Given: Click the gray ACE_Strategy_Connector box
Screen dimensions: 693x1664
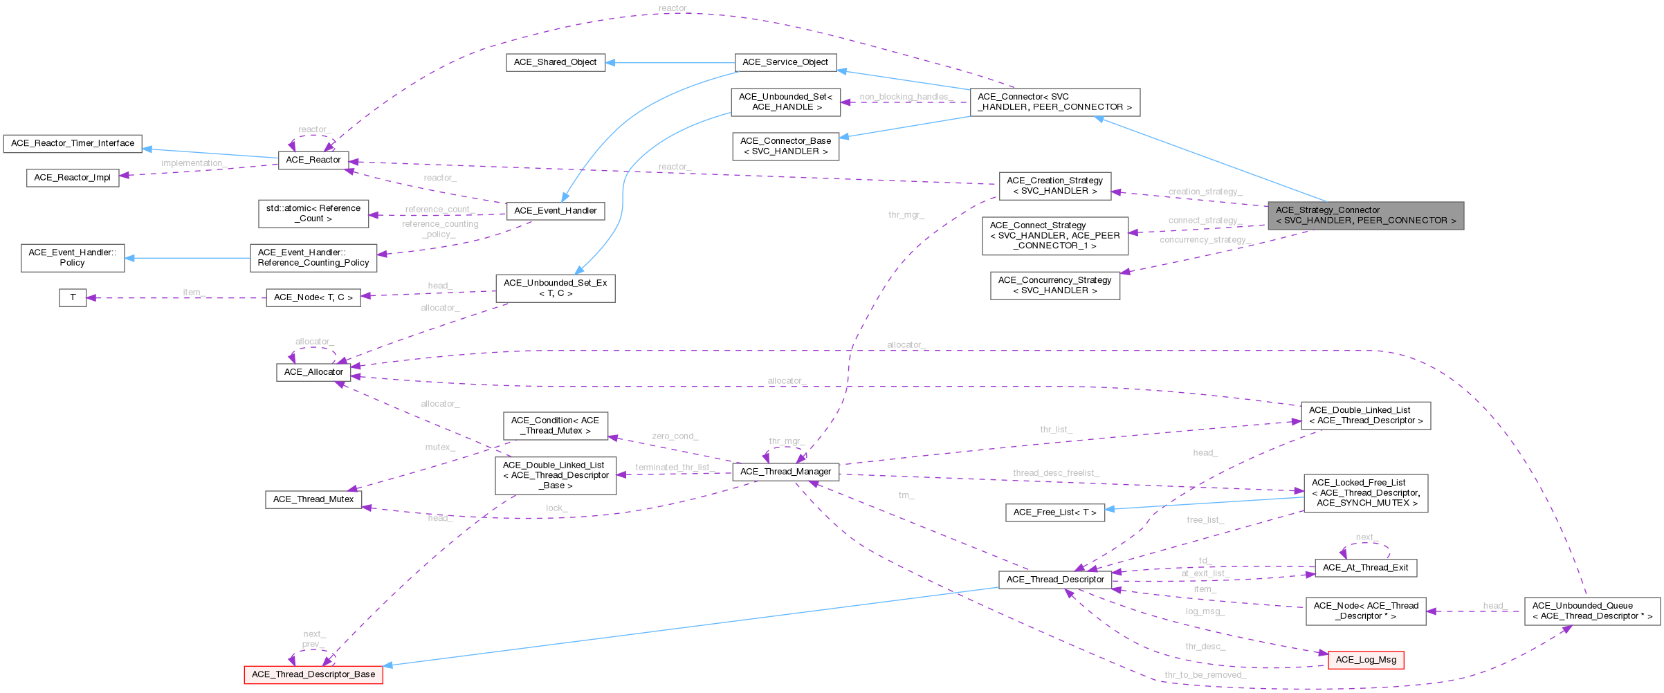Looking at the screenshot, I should pos(1365,215).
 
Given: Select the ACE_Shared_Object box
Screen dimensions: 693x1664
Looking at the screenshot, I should pos(555,62).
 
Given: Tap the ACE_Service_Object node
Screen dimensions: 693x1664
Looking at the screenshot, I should pos(785,62).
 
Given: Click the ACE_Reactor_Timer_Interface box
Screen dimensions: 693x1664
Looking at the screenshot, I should pos(73,143).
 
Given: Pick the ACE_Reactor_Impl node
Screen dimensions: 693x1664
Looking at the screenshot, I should pos(73,177).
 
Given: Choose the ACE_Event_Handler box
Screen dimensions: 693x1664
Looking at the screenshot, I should pos(555,211).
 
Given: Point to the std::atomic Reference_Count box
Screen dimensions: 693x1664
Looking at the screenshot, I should pos(313,213).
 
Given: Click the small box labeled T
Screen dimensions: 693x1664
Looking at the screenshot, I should pos(73,297).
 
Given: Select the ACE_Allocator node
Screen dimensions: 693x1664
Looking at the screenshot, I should pos(313,372).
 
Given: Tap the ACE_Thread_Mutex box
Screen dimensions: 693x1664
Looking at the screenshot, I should pos(313,499).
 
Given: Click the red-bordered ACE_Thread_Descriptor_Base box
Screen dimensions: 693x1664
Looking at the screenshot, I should pos(313,674).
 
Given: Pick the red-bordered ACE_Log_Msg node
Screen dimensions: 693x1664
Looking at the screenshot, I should pos(1365,660).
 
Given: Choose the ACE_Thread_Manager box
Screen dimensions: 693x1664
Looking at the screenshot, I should pos(785,472).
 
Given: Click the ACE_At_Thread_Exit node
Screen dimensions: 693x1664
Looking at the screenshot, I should pos(1365,568).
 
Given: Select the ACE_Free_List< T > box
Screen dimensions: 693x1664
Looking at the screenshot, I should pos(1054,512).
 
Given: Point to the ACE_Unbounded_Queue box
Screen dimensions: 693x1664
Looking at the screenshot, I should pos(1591,611).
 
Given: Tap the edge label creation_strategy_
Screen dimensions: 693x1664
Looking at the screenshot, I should pos(1205,192).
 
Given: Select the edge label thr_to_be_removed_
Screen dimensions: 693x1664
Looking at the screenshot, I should pos(1205,675).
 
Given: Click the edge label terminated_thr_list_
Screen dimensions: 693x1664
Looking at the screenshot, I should pos(673,468).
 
